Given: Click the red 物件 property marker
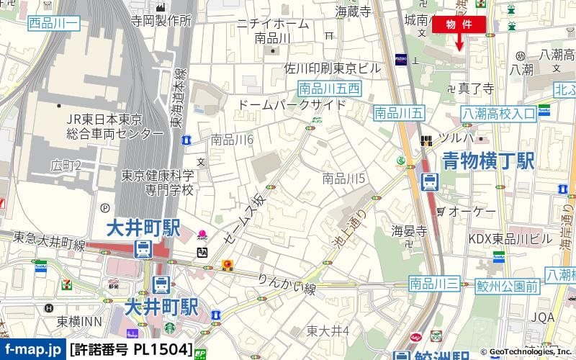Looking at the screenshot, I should coord(459,24).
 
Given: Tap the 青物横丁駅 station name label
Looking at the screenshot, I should coord(488,160).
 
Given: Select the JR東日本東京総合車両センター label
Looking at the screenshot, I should coord(105,126).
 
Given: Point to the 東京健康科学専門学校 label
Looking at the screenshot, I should coord(158,183).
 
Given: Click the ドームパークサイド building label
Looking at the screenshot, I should coord(292,105).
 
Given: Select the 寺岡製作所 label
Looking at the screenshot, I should coord(161,21).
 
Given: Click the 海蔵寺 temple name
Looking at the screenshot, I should coord(353,12).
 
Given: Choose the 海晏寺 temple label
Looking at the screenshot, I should coord(410,231).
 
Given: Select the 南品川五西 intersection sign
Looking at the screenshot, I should coord(329,89).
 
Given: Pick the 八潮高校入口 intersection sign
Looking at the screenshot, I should coord(499,113).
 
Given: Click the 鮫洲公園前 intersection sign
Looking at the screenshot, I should coord(508,286).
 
